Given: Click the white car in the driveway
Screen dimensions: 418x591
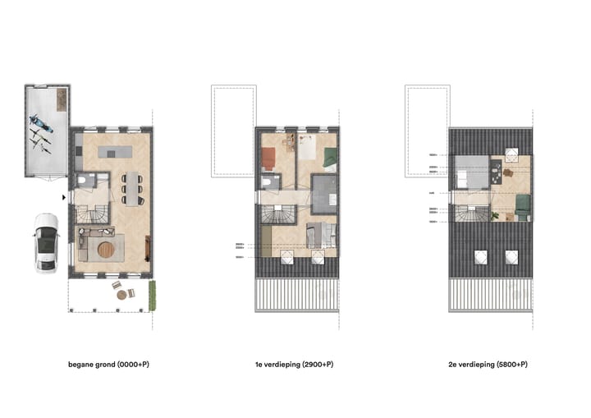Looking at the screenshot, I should click(x=47, y=243).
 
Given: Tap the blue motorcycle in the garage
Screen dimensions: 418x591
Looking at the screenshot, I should click(x=42, y=128).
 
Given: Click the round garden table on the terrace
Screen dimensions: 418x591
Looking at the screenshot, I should click(x=121, y=292).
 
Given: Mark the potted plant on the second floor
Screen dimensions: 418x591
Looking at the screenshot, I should click(x=495, y=216).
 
